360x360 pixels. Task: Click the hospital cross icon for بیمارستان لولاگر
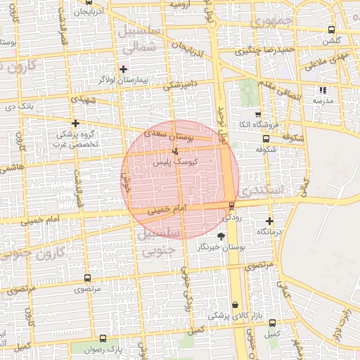click(x=124, y=69)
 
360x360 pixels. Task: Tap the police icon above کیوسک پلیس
click(x=175, y=151)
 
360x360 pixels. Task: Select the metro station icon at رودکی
click(x=231, y=205)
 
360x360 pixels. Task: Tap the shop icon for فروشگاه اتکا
click(x=257, y=114)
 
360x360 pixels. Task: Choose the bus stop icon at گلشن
click(x=331, y=30)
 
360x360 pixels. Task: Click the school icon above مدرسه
click(x=323, y=90)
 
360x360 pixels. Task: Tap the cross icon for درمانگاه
click(x=269, y=221)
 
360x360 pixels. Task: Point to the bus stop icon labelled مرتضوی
click(x=87, y=278)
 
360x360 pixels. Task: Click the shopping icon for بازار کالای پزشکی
click(x=235, y=304)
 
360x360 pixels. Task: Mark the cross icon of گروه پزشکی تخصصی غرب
click(x=75, y=123)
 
